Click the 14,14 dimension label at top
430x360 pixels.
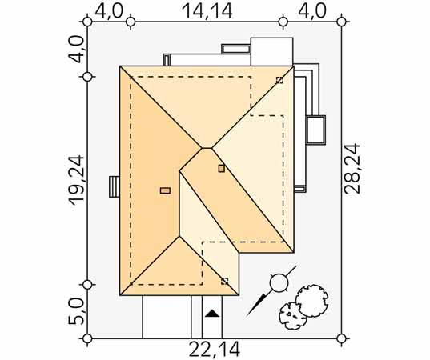(x=207, y=11)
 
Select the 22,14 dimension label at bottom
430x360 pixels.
(x=215, y=350)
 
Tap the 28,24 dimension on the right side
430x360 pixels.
(x=352, y=169)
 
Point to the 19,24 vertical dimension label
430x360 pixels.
(x=76, y=180)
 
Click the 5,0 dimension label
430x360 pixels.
(x=76, y=311)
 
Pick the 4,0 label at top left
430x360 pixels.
(x=109, y=11)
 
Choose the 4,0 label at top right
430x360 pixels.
(x=312, y=11)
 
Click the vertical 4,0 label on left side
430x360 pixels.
(x=76, y=50)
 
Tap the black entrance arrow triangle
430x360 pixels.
(x=212, y=313)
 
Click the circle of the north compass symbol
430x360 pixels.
(x=279, y=282)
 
